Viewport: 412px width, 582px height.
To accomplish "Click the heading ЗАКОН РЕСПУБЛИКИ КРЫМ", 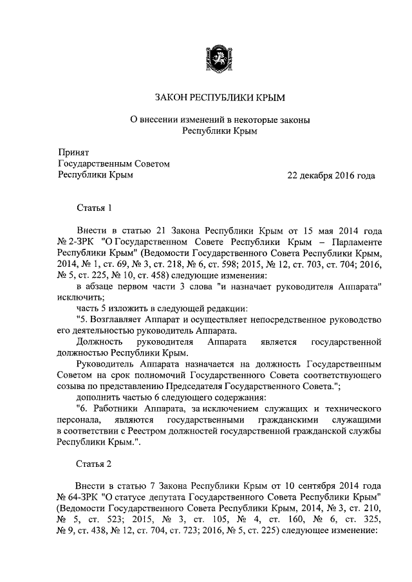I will (x=219, y=98).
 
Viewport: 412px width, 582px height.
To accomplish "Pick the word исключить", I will (x=78, y=298).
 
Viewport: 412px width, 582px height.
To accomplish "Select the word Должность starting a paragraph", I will (x=97, y=343).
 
